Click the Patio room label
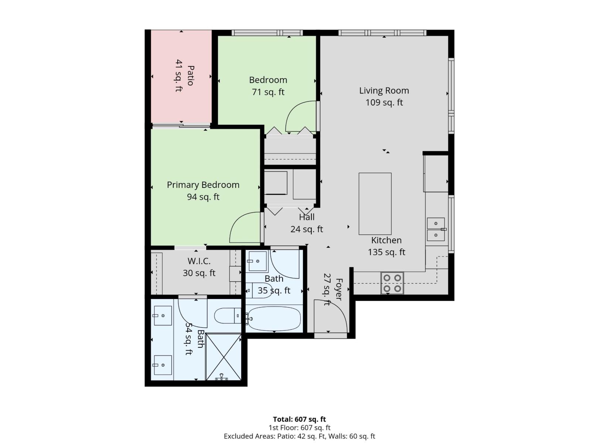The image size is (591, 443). [x=190, y=75]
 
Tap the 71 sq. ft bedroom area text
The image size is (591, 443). [x=268, y=92]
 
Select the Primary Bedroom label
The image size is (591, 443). [x=203, y=185]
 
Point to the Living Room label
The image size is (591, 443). [x=384, y=90]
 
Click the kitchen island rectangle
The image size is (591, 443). [x=375, y=203]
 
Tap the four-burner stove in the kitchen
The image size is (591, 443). [x=392, y=283]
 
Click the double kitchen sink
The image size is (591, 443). [x=436, y=229]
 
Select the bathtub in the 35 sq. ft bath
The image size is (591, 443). [x=274, y=319]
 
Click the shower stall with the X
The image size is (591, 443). [x=223, y=357]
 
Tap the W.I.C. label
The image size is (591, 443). [x=199, y=261]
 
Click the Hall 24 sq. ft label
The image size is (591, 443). [x=307, y=223]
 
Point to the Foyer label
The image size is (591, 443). [x=338, y=289]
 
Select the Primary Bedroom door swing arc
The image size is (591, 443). [x=244, y=227]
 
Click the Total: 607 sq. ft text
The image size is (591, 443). [x=299, y=419]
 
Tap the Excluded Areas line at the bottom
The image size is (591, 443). [x=299, y=436]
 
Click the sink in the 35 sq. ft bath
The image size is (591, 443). [x=257, y=261]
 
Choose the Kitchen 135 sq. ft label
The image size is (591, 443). [x=386, y=246]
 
